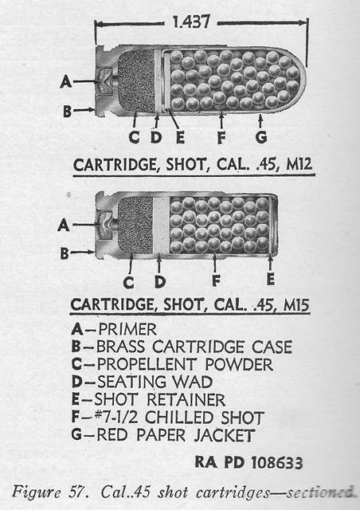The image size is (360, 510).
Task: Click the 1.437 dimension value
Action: (x=191, y=22)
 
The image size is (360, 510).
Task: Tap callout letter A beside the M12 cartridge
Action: (x=66, y=81)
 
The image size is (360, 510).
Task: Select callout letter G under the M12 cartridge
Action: (x=261, y=137)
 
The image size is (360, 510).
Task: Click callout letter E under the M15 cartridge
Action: (x=271, y=279)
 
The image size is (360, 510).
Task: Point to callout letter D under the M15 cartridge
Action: (x=160, y=281)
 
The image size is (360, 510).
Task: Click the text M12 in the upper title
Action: (x=299, y=165)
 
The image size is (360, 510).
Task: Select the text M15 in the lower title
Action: (x=296, y=305)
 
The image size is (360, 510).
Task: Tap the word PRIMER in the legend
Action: (x=127, y=329)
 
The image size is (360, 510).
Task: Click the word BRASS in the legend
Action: (x=120, y=347)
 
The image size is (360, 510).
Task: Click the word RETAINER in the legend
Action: (x=186, y=400)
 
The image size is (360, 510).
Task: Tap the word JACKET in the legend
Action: (x=224, y=435)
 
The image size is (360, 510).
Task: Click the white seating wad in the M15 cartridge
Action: (x=161, y=225)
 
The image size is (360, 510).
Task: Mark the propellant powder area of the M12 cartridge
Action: (x=135, y=81)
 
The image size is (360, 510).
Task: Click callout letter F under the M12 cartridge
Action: (x=221, y=137)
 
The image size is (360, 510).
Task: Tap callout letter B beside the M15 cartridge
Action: (x=65, y=253)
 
